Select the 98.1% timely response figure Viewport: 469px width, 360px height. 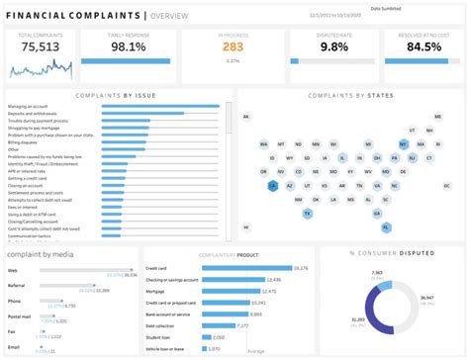137,46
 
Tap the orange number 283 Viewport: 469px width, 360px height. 232,46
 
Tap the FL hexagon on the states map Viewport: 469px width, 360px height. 377,226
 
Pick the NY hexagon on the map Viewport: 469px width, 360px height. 404,143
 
